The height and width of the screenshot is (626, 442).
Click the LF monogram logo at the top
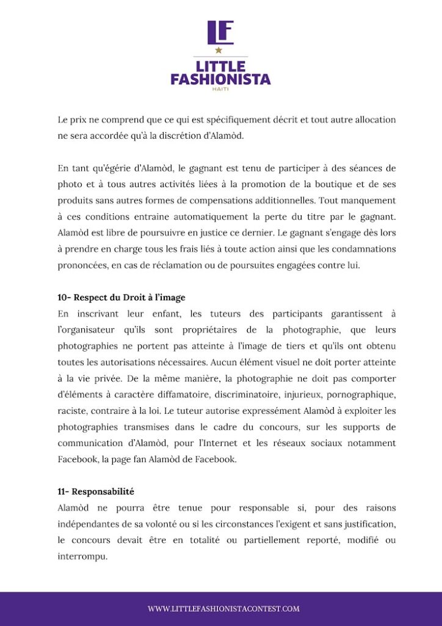click(220, 32)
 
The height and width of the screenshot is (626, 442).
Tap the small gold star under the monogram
click(219, 51)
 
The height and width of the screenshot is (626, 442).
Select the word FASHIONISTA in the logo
click(220, 79)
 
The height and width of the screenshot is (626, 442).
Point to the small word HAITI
click(220, 89)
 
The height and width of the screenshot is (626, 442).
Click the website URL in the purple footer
click(223, 609)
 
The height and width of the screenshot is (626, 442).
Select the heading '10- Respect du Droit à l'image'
click(121, 298)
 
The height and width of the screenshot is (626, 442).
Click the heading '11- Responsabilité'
click(96, 492)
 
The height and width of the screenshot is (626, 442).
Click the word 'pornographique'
click(359, 394)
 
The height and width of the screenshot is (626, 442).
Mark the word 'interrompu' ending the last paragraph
click(82, 556)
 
